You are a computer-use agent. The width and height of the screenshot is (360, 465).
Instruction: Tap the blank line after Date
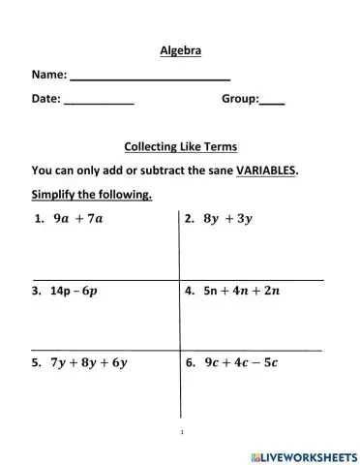[98, 102]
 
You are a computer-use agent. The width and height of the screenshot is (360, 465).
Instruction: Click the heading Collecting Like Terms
[181, 147]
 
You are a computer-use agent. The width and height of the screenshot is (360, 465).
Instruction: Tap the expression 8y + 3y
[227, 219]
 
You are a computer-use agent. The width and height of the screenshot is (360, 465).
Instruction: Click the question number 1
[37, 219]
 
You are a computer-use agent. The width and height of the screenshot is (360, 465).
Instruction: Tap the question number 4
[189, 290]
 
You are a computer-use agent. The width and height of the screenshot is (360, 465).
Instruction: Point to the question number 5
[36, 363]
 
